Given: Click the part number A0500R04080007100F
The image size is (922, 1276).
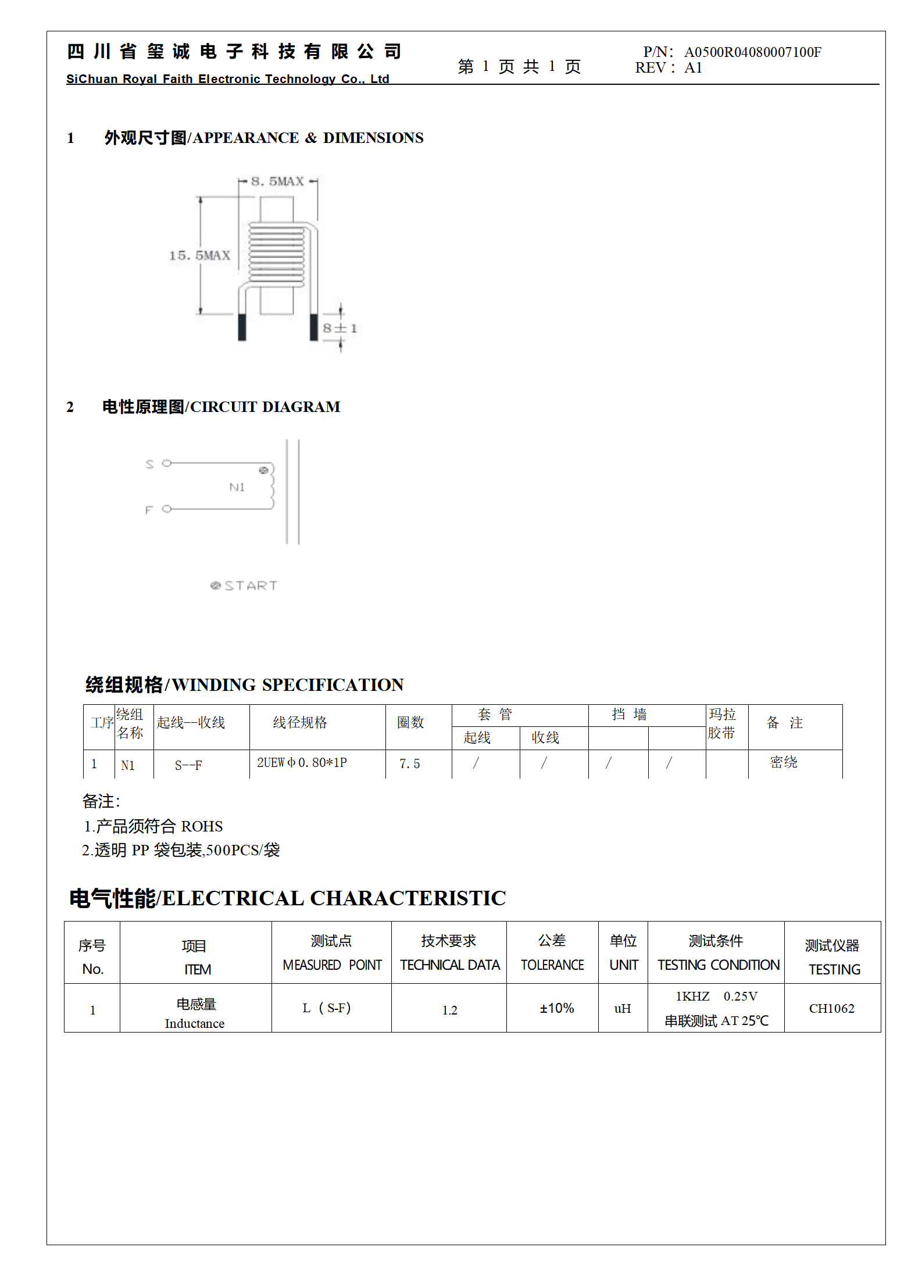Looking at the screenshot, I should click(x=752, y=52).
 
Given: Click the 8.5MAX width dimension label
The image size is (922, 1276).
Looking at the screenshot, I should click(x=277, y=181).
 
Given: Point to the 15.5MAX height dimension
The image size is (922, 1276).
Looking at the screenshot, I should click(x=199, y=256).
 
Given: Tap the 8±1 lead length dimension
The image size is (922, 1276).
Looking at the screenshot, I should click(x=340, y=328).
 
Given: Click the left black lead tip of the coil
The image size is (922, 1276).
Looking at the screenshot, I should click(x=242, y=327).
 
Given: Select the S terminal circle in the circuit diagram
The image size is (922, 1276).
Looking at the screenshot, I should click(x=167, y=463).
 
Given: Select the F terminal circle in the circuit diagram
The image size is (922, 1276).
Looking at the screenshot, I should click(x=167, y=509).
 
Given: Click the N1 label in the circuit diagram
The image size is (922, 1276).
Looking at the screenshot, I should click(x=237, y=487).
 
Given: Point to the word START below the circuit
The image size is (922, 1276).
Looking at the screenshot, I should click(x=251, y=586).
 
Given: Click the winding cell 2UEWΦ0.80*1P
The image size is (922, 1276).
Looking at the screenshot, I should click(x=302, y=762).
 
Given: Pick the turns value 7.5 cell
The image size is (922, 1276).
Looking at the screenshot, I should click(x=409, y=764).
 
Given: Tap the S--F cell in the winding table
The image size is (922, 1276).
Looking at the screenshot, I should click(x=188, y=765).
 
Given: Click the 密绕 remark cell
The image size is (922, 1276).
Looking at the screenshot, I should click(x=784, y=762).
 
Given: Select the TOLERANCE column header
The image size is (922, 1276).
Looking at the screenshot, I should click(x=552, y=965).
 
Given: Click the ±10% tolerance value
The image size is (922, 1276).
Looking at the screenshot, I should click(x=556, y=1008).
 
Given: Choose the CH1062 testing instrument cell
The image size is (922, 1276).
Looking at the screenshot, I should click(x=831, y=1009).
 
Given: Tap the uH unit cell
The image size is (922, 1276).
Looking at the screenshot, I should click(x=623, y=1009).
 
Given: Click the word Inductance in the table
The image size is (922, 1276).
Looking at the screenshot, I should click(x=194, y=1024).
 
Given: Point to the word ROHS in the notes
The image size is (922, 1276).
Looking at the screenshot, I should click(x=202, y=826).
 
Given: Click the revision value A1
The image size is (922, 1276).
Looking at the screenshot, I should click(x=693, y=68).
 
